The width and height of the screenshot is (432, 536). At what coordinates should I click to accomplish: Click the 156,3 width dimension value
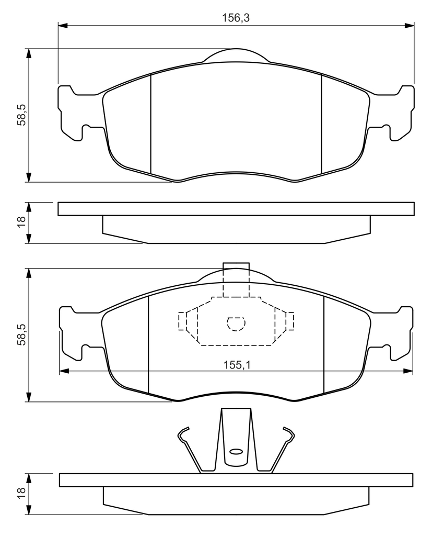pos(236,18)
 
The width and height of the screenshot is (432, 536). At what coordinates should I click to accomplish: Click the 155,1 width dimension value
pos(237,365)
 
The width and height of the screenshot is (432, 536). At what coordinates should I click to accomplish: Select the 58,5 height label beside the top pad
pos(21,115)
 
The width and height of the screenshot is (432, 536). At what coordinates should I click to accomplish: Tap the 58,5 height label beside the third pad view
pos(21,335)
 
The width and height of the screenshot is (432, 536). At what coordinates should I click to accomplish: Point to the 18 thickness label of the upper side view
pos(21,222)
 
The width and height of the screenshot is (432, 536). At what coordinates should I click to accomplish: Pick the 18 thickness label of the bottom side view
pos(21,494)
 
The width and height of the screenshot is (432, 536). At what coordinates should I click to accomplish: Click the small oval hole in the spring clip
pos(236,452)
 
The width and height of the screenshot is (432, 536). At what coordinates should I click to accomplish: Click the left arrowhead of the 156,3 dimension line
pos(63,25)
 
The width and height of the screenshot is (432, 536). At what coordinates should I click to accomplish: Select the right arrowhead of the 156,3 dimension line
pos(409,25)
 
